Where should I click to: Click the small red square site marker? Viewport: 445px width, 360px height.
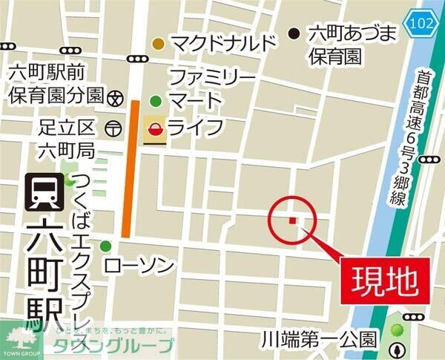coord(293,220)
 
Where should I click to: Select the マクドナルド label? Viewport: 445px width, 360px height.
coord(222,44)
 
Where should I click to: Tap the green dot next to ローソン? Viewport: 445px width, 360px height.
coord(105,246)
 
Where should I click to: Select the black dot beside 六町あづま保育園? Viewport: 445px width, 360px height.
coord(294,33)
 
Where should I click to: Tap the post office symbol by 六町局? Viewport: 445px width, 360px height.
coord(112,128)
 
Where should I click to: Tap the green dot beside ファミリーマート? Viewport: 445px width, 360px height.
coord(156,101)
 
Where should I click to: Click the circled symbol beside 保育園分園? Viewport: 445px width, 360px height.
coord(115,96)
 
